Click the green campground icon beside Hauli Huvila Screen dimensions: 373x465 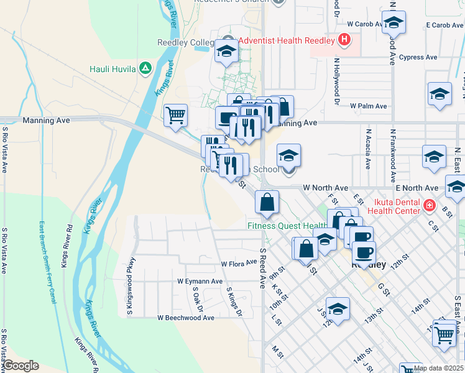(145, 68)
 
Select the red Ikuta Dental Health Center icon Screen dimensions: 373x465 (429, 205)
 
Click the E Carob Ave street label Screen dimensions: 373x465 (445, 25)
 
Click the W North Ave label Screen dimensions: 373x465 (326, 188)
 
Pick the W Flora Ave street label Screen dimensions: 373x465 (239, 264)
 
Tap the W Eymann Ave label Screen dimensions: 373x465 (200, 282)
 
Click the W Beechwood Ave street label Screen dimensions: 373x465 (185, 318)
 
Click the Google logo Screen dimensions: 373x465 (21, 366)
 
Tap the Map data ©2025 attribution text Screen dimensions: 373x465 (438, 368)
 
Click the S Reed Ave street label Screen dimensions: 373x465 (263, 268)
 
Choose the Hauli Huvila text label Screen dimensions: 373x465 (113, 68)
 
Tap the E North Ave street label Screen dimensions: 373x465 (416, 188)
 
